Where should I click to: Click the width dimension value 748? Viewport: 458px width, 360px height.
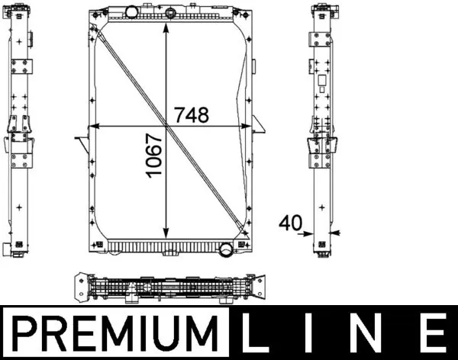(192, 114)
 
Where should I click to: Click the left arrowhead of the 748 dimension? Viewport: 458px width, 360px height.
(95, 125)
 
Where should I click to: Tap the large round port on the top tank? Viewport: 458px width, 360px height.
(132, 12)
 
